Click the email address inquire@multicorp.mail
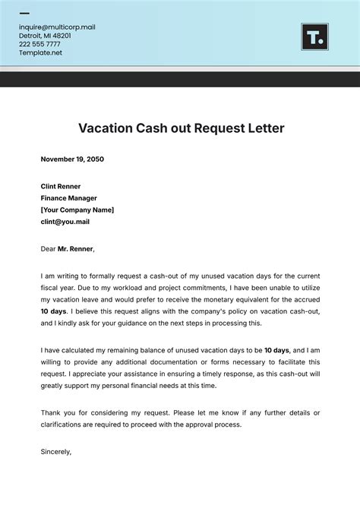tap(58, 27)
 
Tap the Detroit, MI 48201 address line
tap(45, 36)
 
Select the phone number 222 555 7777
tap(40, 44)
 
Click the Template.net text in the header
tap(41, 53)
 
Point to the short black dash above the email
tap(24, 14)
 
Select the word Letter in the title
tap(265, 128)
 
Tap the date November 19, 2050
tap(72, 159)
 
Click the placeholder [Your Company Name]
tap(77, 210)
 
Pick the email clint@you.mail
tap(65, 222)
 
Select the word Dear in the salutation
tap(49, 248)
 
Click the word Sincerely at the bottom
tap(56, 451)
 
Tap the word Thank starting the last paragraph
tap(51, 412)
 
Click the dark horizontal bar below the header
tap(180, 79)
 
